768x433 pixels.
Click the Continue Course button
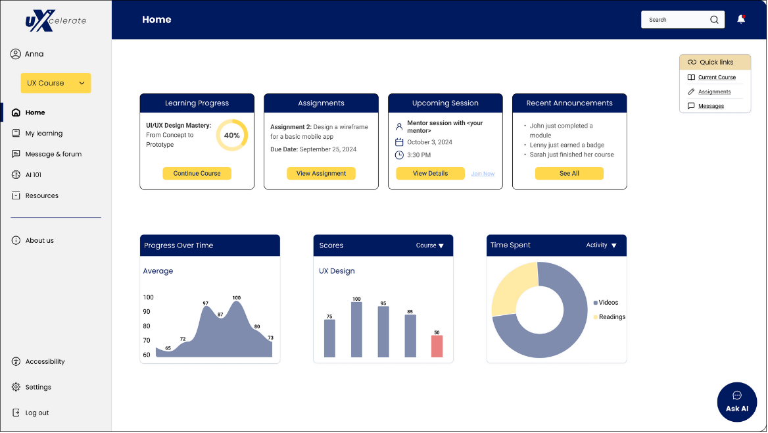(x=197, y=174)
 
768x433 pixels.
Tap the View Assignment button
(x=321, y=174)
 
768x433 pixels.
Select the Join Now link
(x=483, y=174)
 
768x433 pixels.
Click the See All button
(x=569, y=174)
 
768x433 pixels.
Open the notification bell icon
(x=741, y=20)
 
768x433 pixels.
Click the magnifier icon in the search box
(x=714, y=20)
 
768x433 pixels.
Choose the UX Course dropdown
(x=56, y=83)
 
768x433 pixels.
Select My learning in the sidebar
(x=43, y=134)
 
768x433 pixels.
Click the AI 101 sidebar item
(x=33, y=175)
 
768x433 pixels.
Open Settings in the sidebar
(x=37, y=387)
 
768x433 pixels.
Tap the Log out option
(x=37, y=413)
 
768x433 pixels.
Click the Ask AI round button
(x=737, y=401)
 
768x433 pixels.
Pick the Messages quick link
(x=711, y=106)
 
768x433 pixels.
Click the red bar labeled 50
(x=437, y=346)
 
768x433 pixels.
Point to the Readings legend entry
(x=611, y=317)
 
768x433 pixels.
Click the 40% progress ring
(x=231, y=136)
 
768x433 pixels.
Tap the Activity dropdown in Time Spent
(x=601, y=245)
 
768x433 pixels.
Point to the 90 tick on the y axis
(x=147, y=312)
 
